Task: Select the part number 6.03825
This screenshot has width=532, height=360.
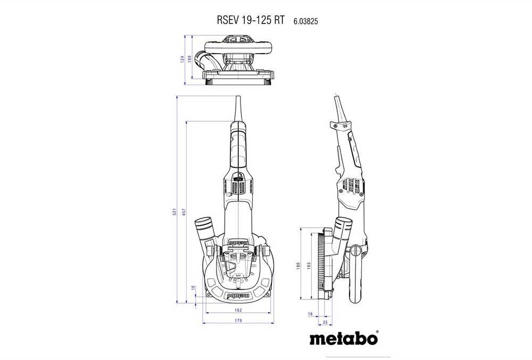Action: pyautogui.click(x=306, y=21)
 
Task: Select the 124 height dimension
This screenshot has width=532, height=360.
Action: pyautogui.click(x=181, y=59)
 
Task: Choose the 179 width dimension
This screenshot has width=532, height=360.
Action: pyautogui.click(x=238, y=321)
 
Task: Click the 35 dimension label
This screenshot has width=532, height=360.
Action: pyautogui.click(x=325, y=322)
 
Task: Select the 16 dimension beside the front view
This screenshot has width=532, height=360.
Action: pyautogui.click(x=193, y=288)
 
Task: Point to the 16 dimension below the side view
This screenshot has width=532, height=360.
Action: pyautogui.click(x=310, y=314)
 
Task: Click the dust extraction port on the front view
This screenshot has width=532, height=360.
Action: pyautogui.click(x=204, y=229)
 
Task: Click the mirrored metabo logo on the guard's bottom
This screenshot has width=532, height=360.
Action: pyautogui.click(x=238, y=293)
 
